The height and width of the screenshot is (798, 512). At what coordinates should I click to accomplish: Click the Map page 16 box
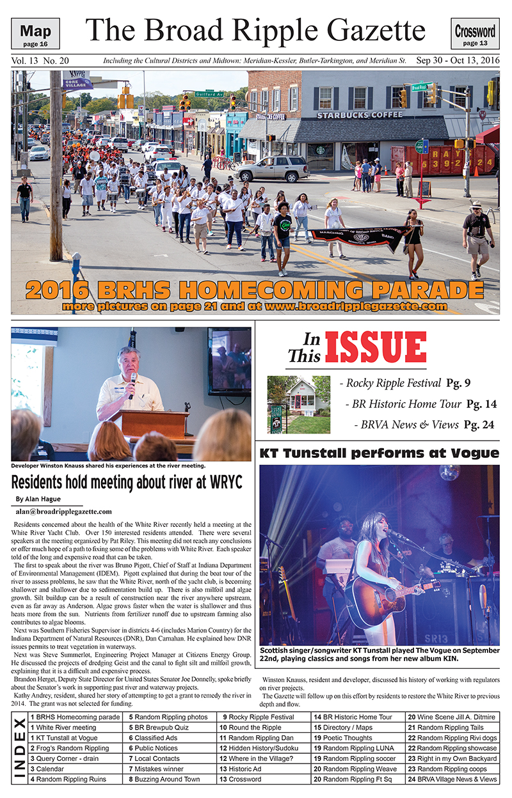tap(40, 34)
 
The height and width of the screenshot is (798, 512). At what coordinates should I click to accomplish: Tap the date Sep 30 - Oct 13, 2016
tap(458, 61)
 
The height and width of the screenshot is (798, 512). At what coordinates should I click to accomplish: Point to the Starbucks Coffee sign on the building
tap(360, 115)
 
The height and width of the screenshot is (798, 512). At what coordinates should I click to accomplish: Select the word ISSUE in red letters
tap(375, 347)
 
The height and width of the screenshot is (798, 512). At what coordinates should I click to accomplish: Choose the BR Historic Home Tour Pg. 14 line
tap(420, 404)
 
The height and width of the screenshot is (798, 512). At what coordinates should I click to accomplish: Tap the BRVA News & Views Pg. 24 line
tap(425, 425)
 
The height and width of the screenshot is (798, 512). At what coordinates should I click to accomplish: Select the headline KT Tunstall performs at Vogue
tap(379, 453)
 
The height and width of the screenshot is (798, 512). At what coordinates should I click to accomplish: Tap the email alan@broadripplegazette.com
tap(63, 512)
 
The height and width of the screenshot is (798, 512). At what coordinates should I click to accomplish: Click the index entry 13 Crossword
tap(241, 779)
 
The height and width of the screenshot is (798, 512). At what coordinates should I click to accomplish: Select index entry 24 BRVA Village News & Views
tap(452, 779)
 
